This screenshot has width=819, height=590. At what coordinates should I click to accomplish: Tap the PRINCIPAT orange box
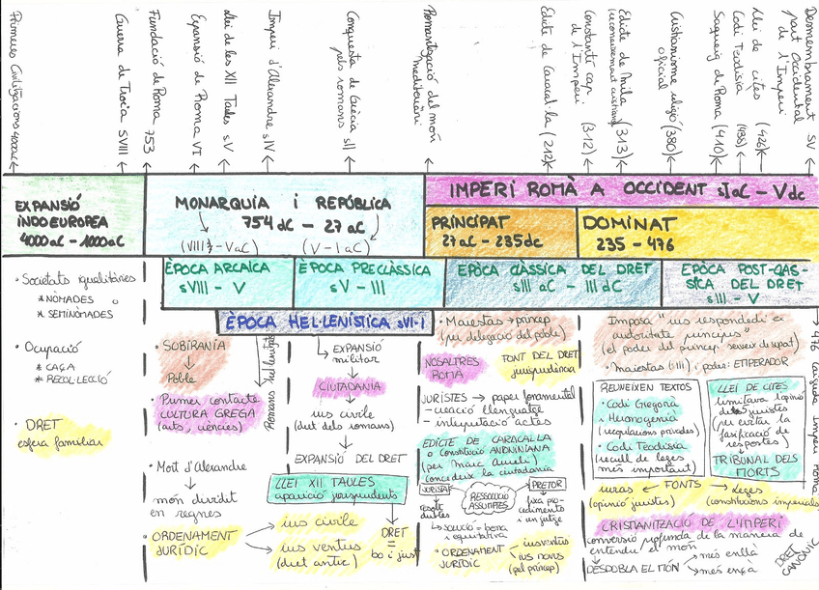(x=500, y=230)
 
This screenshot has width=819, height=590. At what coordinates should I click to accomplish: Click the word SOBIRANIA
(x=189, y=346)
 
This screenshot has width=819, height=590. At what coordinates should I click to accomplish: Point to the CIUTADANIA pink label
(x=342, y=386)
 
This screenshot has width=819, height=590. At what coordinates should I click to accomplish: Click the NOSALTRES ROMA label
(x=451, y=363)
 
